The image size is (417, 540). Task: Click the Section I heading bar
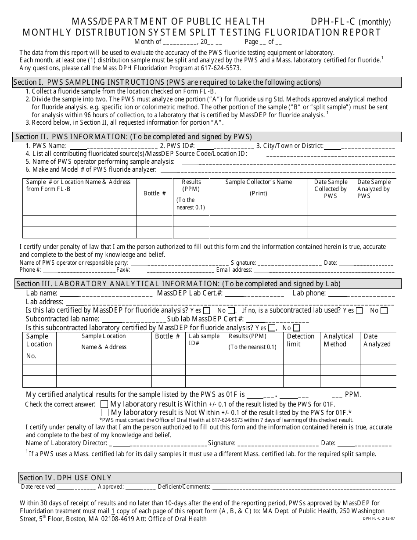coord(207,82)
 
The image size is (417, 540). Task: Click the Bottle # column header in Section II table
coord(155,193)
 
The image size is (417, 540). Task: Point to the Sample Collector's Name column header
coord(259,182)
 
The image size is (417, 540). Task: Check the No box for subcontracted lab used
coord(384,311)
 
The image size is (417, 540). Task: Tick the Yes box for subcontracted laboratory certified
coord(272,328)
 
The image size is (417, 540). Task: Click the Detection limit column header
coord(301,340)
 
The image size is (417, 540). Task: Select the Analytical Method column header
coord(338,340)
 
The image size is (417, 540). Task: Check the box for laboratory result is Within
coord(104,404)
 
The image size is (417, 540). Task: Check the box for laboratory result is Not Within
coord(104,413)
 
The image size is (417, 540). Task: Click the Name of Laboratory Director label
coord(66,443)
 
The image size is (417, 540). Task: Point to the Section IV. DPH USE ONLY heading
coord(65,478)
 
